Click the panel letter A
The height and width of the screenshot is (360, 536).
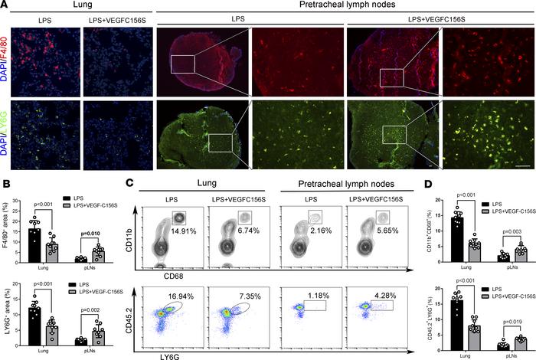pyautogui.click(x=5, y=5)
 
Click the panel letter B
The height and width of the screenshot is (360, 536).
pyautogui.click(x=5, y=184)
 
